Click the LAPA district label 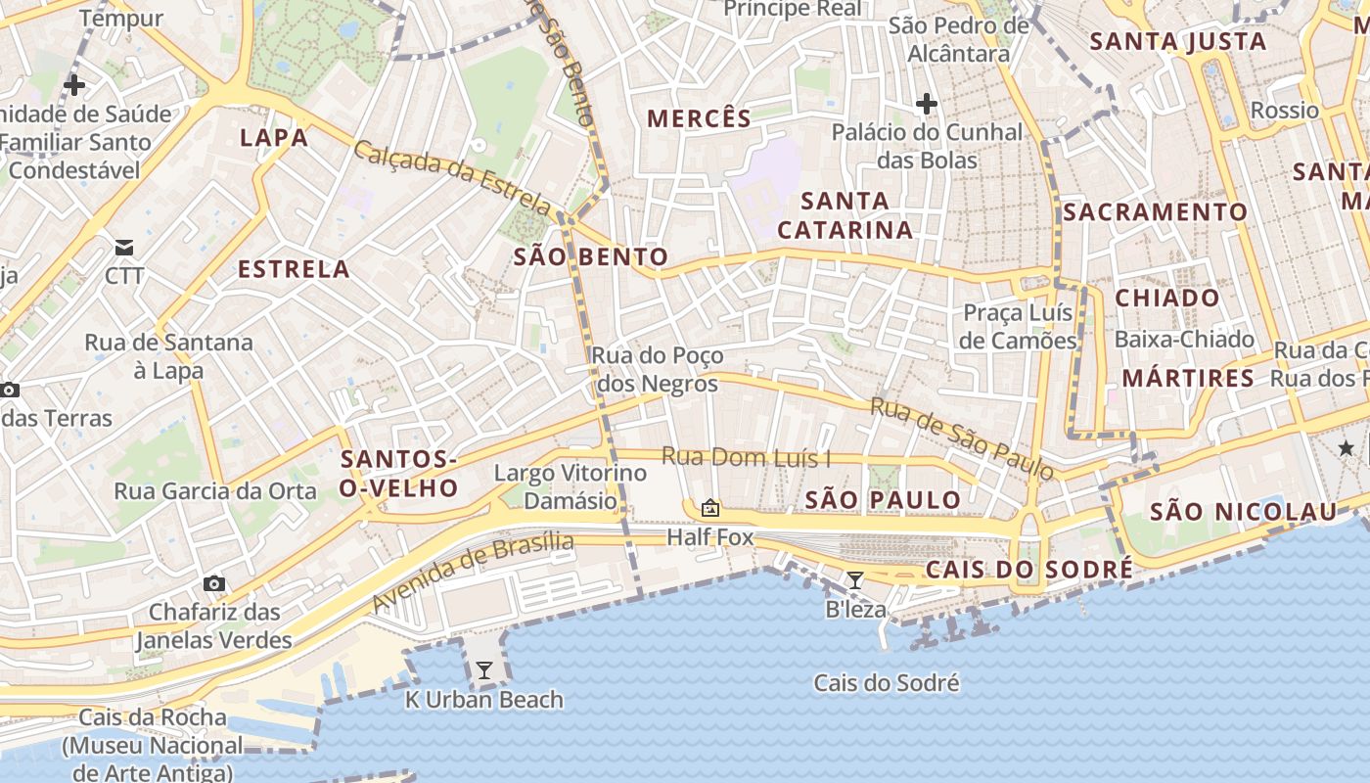point(274,138)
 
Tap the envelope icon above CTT point(124,246)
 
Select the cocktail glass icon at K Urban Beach point(483,670)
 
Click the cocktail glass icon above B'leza point(854,580)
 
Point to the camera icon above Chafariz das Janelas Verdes point(213,584)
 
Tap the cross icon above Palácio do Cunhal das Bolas point(926,103)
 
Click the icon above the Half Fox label point(710,508)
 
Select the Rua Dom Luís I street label point(746,457)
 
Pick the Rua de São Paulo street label point(963,438)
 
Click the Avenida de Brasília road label point(473,572)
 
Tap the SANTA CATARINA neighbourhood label point(845,215)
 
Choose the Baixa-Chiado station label point(1184,340)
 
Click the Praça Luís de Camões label point(1018,327)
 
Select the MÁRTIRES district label point(1188,378)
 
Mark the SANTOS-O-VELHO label point(398,474)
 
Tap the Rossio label point(1285,110)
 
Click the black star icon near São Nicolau point(1347,447)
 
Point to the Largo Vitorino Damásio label point(571,486)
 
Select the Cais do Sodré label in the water point(887,683)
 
